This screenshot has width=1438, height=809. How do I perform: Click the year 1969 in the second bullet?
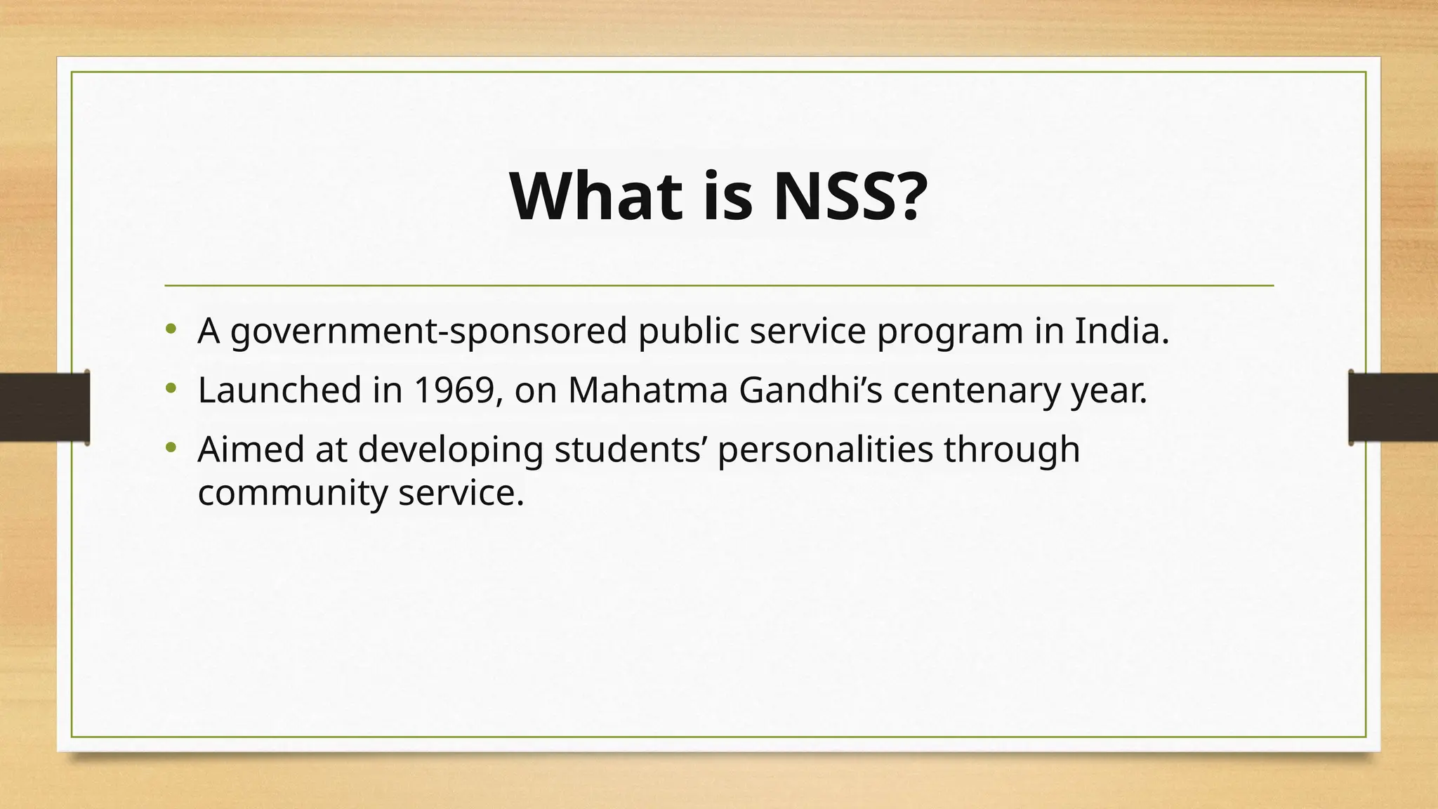coord(454,390)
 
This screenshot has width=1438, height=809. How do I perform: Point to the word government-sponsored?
coord(428,331)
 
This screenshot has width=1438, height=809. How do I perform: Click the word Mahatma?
coord(647,390)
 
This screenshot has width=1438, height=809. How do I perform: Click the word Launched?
coord(279,390)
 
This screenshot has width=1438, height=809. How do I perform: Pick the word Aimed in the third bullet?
coord(251,449)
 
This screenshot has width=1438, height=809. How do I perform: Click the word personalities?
coord(825,450)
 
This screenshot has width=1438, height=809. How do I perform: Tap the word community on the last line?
coord(292,494)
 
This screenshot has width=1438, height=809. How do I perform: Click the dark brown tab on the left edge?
coord(44,407)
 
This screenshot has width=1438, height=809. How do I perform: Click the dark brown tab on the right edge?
coord(1393,407)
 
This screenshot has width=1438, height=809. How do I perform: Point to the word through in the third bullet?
coord(1011,450)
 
